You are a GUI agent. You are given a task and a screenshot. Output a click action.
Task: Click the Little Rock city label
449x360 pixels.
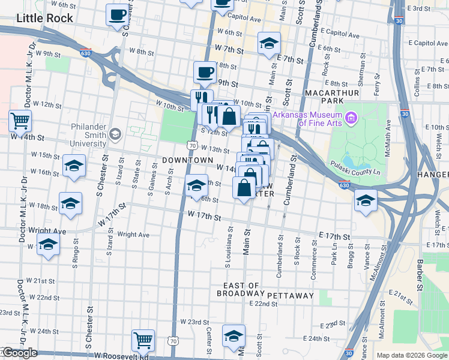[x=44, y=18]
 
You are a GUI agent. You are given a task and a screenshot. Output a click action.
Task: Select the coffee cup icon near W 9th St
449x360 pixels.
[x=205, y=73]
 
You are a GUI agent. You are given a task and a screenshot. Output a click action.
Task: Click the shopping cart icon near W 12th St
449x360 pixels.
[x=20, y=121]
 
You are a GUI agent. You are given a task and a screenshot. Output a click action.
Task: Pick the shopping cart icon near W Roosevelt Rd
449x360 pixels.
[x=143, y=340]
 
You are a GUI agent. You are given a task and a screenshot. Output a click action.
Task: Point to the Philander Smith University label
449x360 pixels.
[x=88, y=136]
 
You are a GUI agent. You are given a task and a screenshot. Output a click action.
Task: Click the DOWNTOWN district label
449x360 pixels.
[x=187, y=161]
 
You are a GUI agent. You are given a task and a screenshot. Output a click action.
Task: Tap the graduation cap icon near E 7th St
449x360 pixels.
[x=270, y=43]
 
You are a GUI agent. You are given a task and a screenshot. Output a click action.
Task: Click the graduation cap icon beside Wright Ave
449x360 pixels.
[x=49, y=244]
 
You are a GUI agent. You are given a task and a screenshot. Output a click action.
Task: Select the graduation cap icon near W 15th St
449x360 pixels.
[x=74, y=166]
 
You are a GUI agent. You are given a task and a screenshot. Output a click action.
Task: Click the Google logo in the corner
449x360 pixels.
[x=20, y=353]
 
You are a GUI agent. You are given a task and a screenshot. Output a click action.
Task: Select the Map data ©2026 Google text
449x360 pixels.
[x=412, y=355]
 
